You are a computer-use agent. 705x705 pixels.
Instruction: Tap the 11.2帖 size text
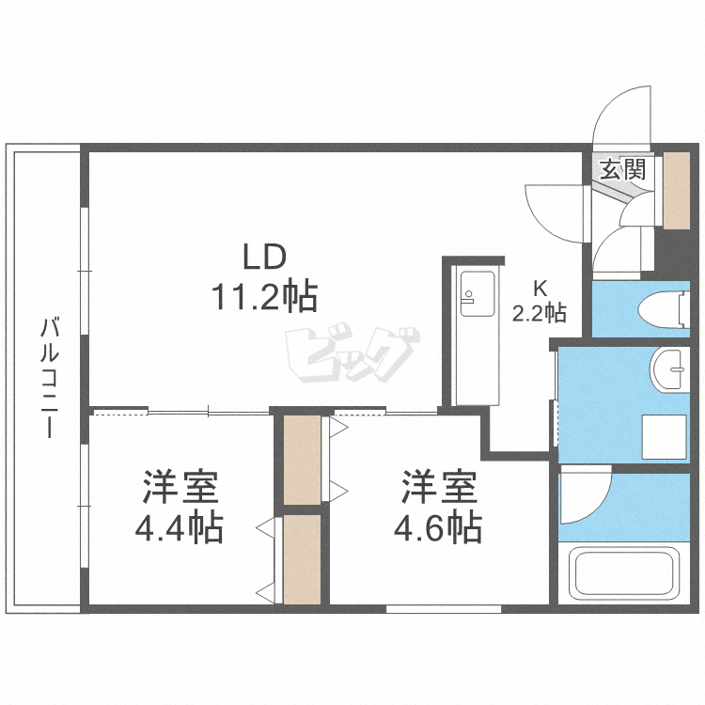pyautogui.click(x=263, y=298)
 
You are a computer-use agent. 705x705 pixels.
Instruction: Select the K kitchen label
pyautogui.click(x=540, y=289)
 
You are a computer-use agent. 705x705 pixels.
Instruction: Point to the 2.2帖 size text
pyautogui.click(x=539, y=312)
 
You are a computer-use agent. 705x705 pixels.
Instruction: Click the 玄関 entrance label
pyautogui.click(x=623, y=169)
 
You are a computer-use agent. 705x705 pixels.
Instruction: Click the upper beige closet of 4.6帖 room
pyautogui.click(x=303, y=460)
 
